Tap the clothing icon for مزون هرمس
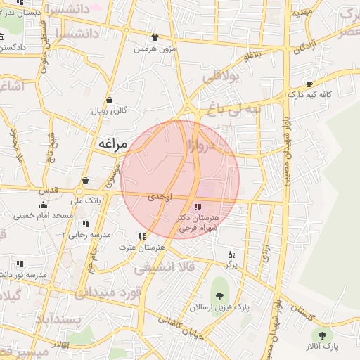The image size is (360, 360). click(155, 37)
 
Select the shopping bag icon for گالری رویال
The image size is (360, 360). click(109, 100)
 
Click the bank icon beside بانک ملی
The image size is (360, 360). click(85, 181)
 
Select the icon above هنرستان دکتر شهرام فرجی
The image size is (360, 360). click(197, 207)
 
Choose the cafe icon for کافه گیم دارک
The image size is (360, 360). click(310, 84)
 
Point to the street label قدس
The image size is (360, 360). click(49, 191)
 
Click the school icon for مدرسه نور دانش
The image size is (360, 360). click(19, 264)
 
